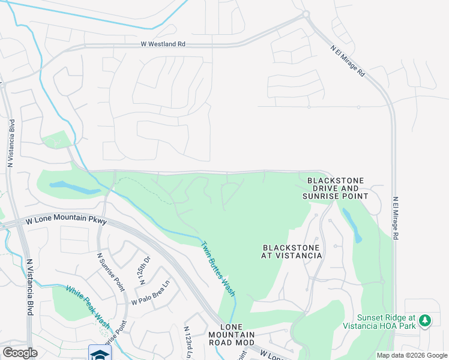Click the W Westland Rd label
pos(163,44)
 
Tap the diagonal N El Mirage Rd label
pos(348,62)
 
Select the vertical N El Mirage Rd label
pos(396,219)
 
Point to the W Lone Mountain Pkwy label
pos(67,221)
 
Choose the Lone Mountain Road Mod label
pos(232,338)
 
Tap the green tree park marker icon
pos(425,320)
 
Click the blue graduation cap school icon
pos(97,353)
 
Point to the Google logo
pos(20,352)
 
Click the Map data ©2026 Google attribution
pos(412,355)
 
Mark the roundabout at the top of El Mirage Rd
pos(306,14)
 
